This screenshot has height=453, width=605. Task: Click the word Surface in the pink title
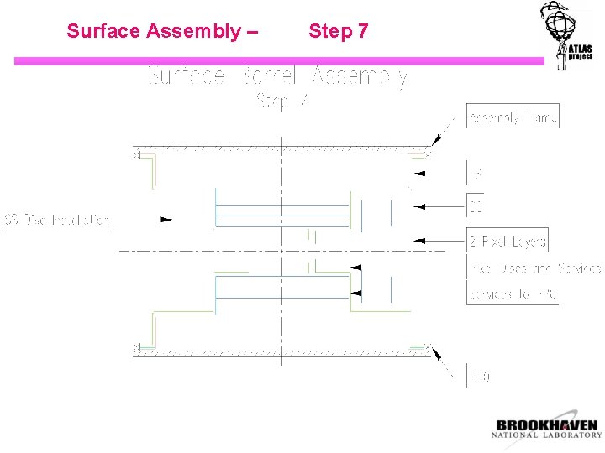point(103,32)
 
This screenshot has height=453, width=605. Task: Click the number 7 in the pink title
point(362,32)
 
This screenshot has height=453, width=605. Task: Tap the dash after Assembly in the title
point(252,32)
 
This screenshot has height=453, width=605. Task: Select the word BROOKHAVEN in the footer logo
point(546,425)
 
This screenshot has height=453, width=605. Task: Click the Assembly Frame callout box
point(513,117)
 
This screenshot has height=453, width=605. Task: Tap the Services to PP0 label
point(513,294)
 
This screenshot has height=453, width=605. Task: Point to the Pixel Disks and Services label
point(535,268)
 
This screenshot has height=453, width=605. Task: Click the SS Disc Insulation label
point(57,221)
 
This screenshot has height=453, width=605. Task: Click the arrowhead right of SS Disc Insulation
point(166,221)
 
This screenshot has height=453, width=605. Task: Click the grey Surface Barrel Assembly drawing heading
point(277,77)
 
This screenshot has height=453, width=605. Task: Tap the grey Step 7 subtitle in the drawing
point(282,102)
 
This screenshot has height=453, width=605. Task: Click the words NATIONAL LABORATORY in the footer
point(546,435)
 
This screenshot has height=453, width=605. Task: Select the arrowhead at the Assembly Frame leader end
point(436,144)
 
